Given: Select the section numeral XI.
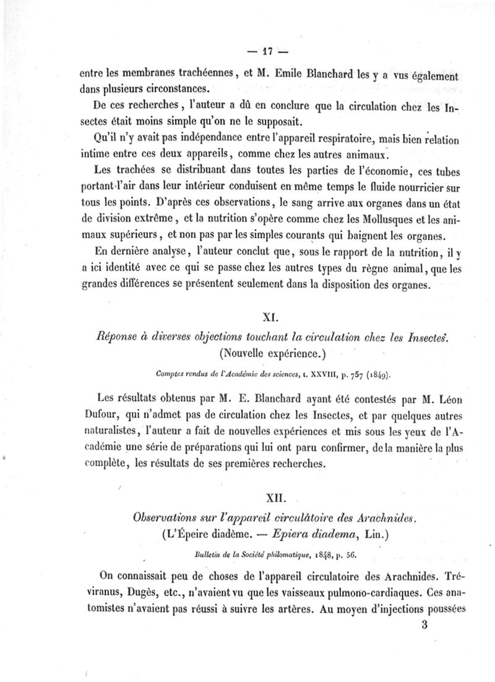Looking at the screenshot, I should click(269, 318).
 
